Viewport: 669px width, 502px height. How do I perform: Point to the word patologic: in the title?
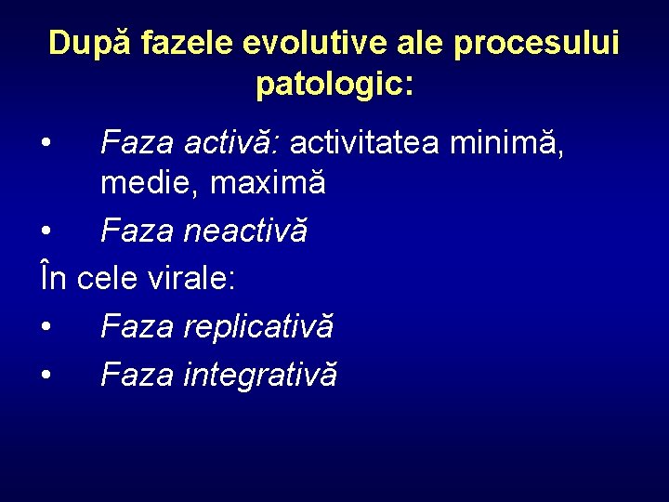(334, 85)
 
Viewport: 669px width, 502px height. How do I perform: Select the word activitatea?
(366, 143)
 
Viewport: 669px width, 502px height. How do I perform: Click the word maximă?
(268, 184)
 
